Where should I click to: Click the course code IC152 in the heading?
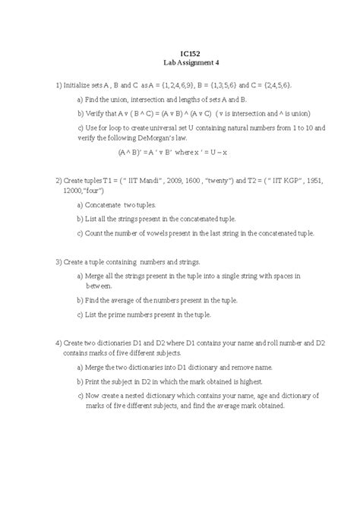pos(180,53)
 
